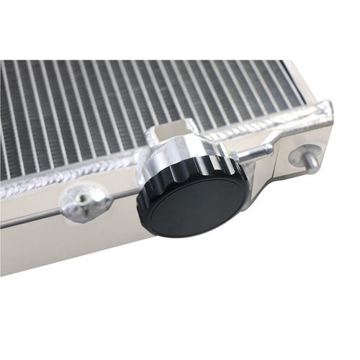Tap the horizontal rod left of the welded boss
coord(29,216)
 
